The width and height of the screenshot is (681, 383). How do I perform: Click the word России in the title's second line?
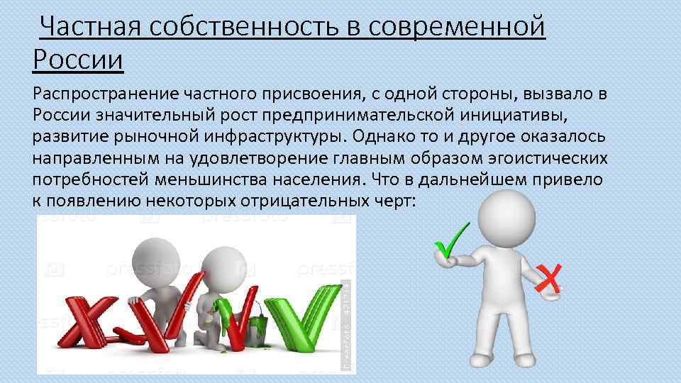pyautogui.click(x=79, y=59)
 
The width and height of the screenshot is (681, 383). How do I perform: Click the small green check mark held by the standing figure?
pyautogui.click(x=452, y=241)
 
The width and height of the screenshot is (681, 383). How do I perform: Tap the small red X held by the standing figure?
pyautogui.click(x=548, y=278)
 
